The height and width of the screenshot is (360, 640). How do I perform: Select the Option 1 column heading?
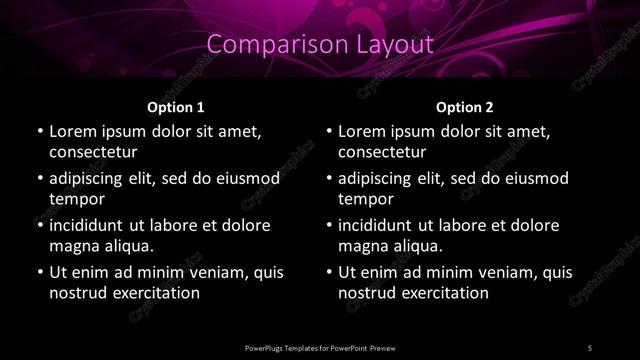click(176, 106)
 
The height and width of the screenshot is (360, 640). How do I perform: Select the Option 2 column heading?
click(465, 106)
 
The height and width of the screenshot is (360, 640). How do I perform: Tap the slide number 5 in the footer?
click(589, 347)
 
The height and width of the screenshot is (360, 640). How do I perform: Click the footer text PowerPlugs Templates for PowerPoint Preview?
click(319, 347)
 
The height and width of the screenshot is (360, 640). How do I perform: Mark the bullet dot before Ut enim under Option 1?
click(39, 272)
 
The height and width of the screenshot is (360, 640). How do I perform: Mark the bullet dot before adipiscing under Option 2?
click(329, 179)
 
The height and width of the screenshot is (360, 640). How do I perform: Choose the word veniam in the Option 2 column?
click(507, 272)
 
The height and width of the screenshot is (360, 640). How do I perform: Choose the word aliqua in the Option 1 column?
click(128, 246)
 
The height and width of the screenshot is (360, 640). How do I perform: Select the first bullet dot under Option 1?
click(39, 132)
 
